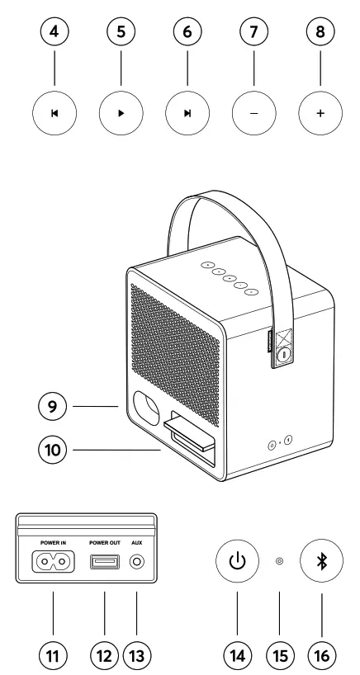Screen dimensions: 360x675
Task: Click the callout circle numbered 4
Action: (54, 31)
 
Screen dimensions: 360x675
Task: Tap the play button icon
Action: (121, 113)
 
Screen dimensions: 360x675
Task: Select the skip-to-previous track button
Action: (54, 113)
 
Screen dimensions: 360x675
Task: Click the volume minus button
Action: (254, 113)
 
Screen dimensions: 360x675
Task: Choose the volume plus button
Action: (320, 113)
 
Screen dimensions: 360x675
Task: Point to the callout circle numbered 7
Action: (253, 31)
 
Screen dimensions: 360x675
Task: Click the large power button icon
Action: (237, 561)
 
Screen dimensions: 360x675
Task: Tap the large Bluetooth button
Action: (321, 561)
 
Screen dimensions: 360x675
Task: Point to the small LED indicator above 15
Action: (279, 561)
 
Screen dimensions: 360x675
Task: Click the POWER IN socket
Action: (53, 561)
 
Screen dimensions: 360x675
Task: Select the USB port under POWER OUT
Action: (105, 561)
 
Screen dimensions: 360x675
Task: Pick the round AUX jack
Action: (137, 561)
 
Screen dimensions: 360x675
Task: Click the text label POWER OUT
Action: (105, 543)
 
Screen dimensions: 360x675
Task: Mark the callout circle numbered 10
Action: (53, 450)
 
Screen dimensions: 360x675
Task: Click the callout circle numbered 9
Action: (53, 406)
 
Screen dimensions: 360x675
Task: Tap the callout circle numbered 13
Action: (137, 656)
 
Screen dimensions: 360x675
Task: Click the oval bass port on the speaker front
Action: (146, 408)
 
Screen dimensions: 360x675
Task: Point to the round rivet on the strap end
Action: (283, 356)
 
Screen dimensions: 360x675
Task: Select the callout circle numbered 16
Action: (322, 656)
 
